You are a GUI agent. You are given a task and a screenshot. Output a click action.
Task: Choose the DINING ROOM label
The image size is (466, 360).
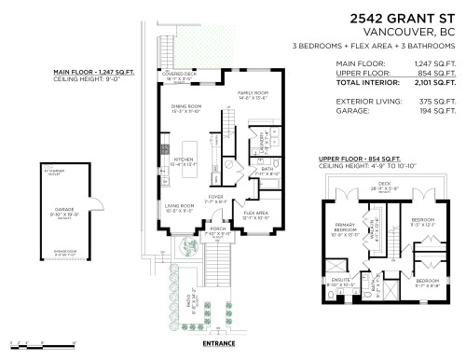coord(185,109)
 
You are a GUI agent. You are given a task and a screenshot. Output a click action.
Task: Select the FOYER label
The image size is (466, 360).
coord(215,197)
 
